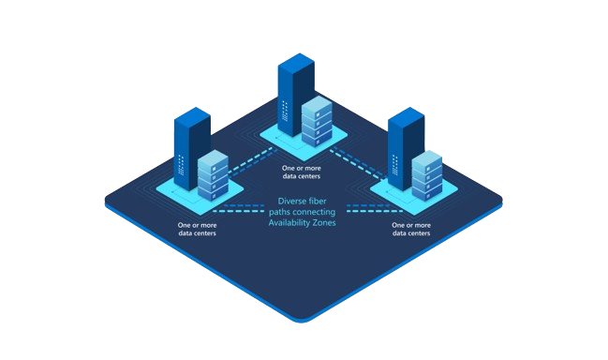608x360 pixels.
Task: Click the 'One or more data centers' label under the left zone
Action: [197, 229]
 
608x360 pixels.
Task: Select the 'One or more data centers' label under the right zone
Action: [412, 229]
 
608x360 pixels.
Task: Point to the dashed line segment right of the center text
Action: [360, 204]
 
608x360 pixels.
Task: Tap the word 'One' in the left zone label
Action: [184, 225]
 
